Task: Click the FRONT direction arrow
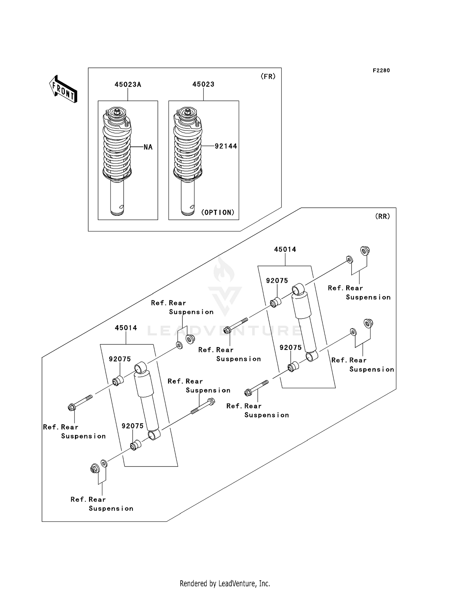[x=63, y=89]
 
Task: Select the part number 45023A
[x=128, y=85]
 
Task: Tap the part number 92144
[x=226, y=146]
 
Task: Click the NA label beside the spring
[x=148, y=147]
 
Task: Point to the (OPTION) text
[x=217, y=213]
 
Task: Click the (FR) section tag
[x=268, y=77]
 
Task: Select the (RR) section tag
[x=382, y=216]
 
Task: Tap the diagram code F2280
[x=381, y=71]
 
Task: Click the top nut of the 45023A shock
[x=117, y=112]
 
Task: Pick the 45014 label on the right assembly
[x=285, y=249]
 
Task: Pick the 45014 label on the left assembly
[x=126, y=328]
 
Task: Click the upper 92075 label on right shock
[x=277, y=281]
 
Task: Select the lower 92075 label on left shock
[x=132, y=426]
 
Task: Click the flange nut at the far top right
[x=364, y=250]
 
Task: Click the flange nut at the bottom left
[x=94, y=468]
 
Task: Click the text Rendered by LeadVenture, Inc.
[x=225, y=583]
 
